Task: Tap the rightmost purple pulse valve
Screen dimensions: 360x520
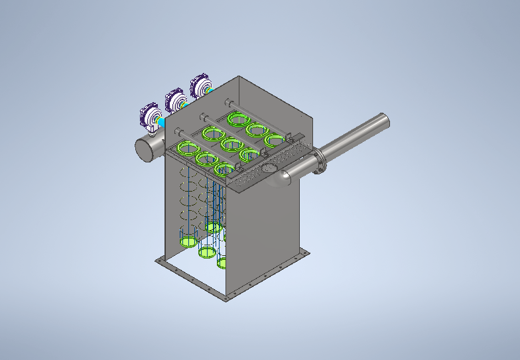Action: coord(201,87)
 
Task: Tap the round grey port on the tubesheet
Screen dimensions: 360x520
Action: coord(269,168)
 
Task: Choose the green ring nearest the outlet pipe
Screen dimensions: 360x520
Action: coord(274,141)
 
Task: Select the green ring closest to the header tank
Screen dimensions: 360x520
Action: coord(188,148)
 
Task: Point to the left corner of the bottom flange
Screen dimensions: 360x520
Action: coord(158,262)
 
